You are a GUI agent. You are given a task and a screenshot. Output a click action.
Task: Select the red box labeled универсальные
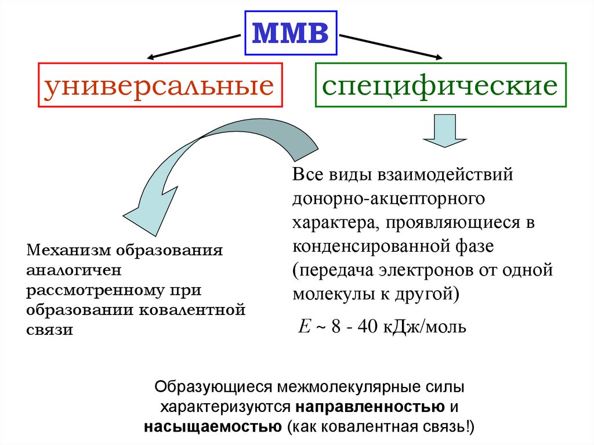pyautogui.click(x=160, y=85)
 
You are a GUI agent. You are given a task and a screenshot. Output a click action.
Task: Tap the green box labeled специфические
pyautogui.click(x=440, y=85)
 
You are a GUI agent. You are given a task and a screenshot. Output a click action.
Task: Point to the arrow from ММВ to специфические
pyautogui.click(x=391, y=46)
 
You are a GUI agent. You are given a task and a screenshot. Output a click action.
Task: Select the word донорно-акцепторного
pyautogui.click(x=389, y=198)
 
